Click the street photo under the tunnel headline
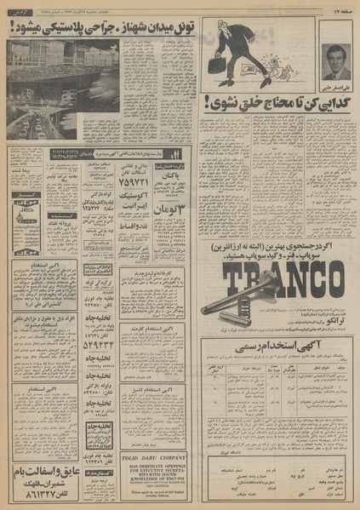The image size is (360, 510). click(x=64, y=89)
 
